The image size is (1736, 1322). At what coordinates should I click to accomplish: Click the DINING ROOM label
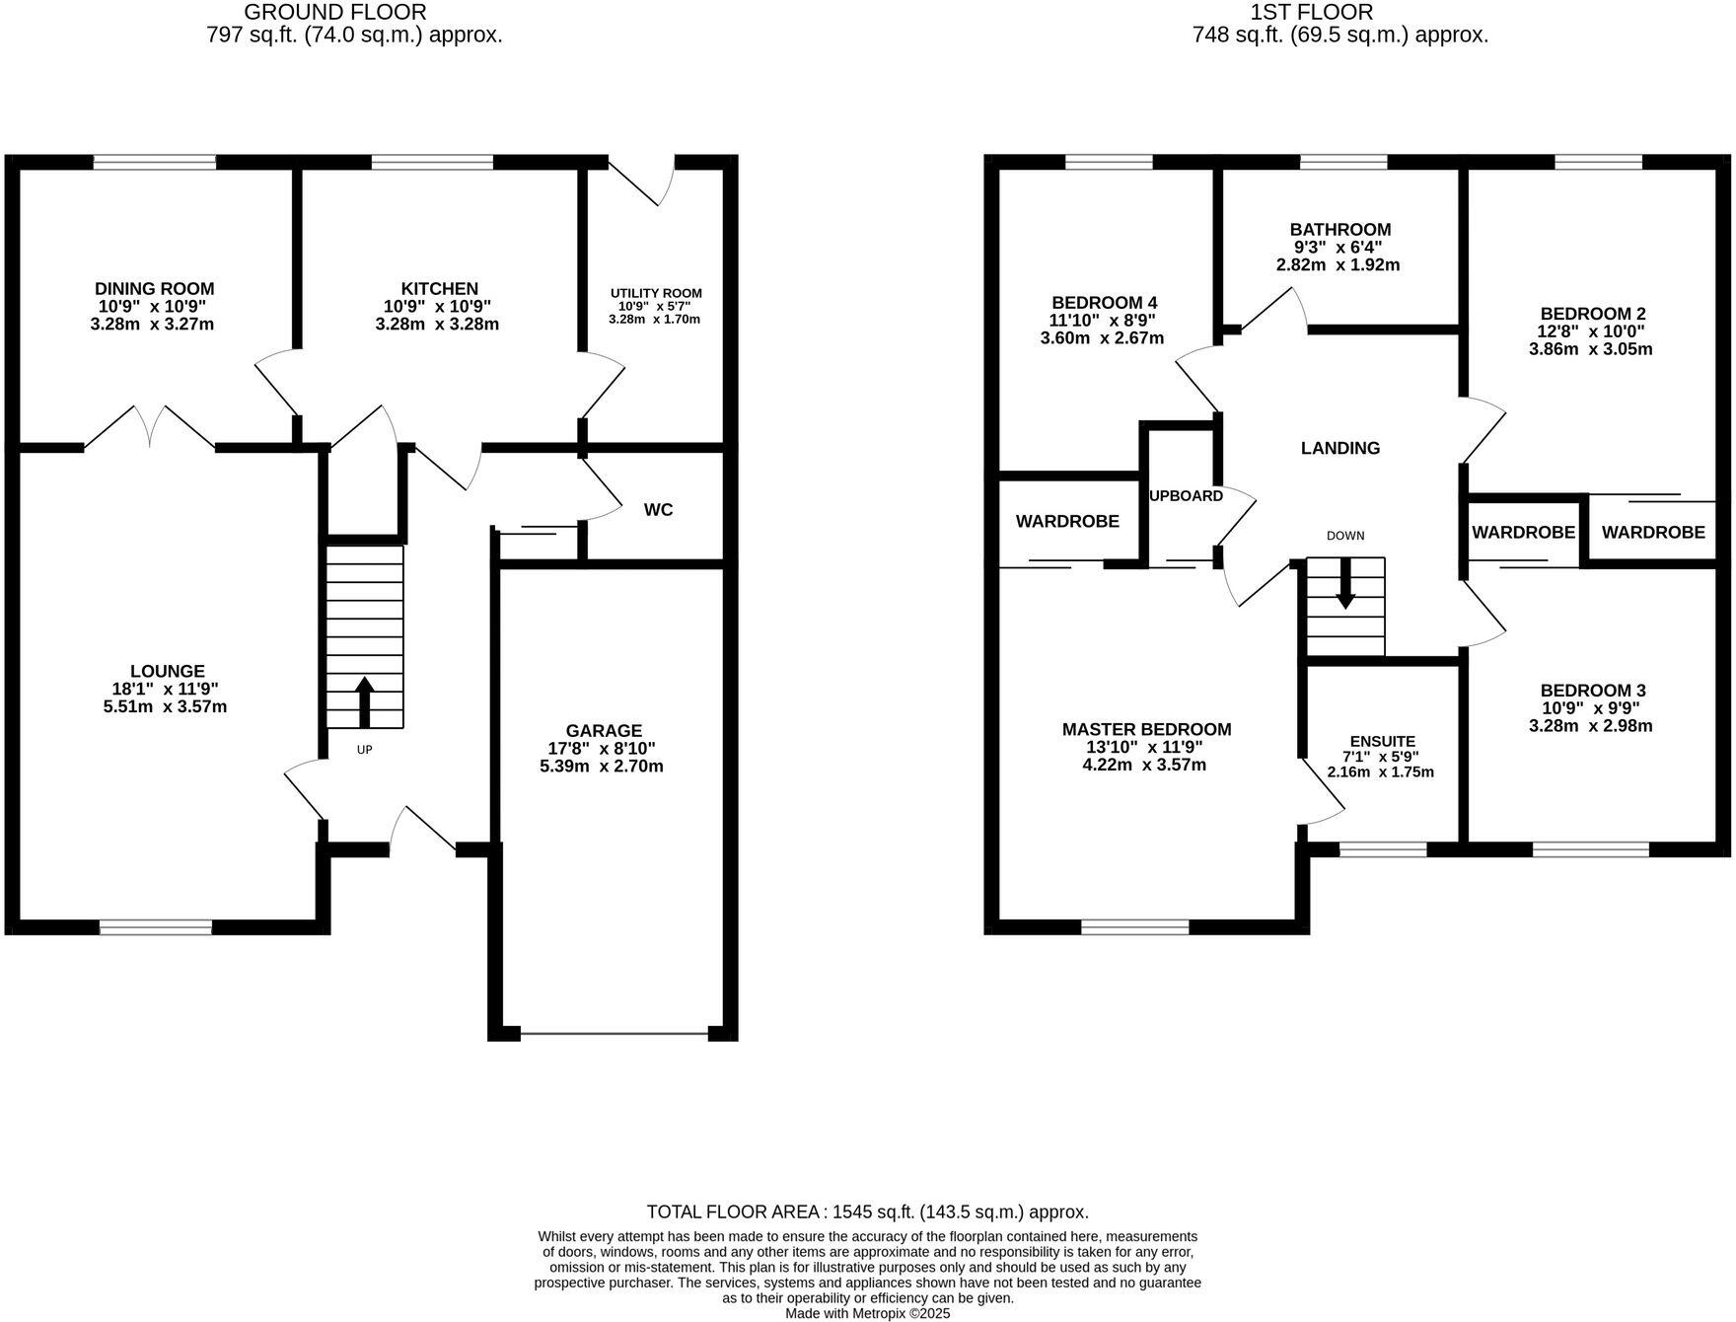click(154, 288)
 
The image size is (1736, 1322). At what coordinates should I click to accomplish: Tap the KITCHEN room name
click(439, 288)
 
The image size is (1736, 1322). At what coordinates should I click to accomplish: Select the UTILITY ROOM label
click(656, 293)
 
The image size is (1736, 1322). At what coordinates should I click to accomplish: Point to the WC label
click(658, 509)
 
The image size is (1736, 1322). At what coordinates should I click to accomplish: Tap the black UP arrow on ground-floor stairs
click(364, 700)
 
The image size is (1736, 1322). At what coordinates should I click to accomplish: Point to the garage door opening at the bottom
click(614, 1034)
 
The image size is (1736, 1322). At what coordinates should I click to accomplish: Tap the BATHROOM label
click(1339, 229)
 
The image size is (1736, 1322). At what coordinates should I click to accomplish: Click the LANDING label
click(1339, 448)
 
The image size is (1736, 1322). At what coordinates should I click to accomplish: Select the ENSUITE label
click(1382, 741)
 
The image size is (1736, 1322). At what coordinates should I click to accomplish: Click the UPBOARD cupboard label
click(1187, 495)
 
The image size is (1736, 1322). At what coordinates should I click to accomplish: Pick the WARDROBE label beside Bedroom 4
click(1067, 521)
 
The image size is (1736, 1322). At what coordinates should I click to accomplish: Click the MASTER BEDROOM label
click(1146, 729)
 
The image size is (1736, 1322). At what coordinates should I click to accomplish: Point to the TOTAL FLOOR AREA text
click(867, 1212)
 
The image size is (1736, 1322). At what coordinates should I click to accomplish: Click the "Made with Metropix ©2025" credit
click(867, 1313)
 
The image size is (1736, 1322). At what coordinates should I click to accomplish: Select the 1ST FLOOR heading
click(1311, 12)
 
